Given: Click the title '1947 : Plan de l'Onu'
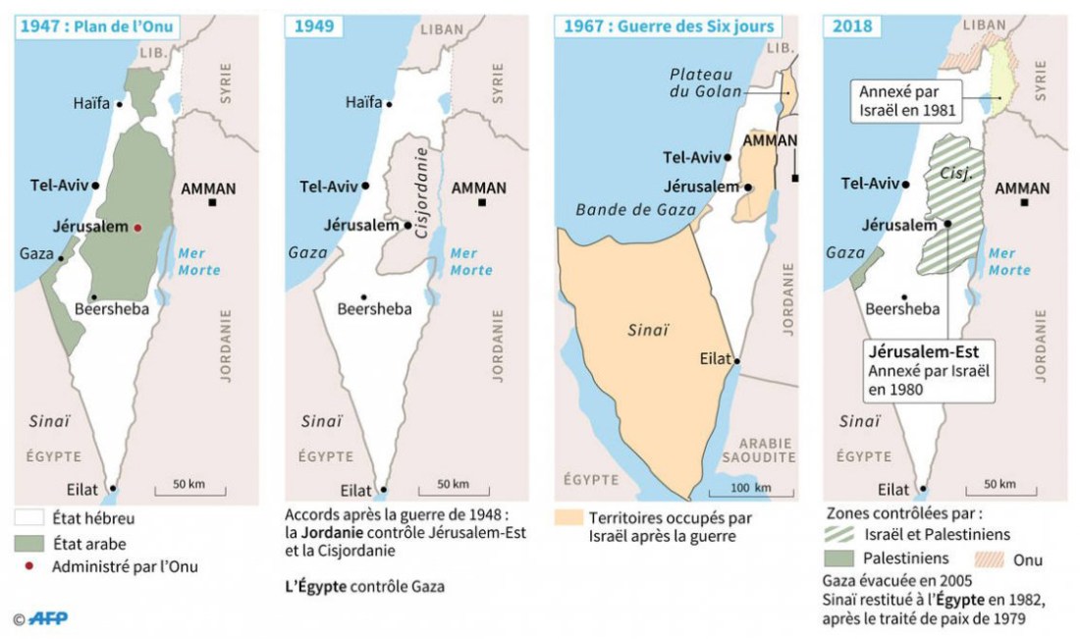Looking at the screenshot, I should tap(96, 27).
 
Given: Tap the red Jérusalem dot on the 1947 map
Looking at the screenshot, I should tap(138, 227).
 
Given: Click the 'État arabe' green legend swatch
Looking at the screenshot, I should tap(30, 543).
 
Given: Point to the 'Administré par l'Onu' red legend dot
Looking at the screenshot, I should tap(30, 566).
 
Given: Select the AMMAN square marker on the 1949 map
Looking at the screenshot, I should tap(483, 203).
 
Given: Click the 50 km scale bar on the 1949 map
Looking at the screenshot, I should tap(453, 491).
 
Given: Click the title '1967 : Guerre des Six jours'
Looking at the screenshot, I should tap(668, 27).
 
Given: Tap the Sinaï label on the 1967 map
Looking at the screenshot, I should tap(647, 331).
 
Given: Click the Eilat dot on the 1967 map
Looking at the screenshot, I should tap(737, 360).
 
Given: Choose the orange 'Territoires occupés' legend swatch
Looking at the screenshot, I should tap(569, 518).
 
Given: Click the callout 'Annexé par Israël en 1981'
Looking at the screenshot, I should tap(907, 101).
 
